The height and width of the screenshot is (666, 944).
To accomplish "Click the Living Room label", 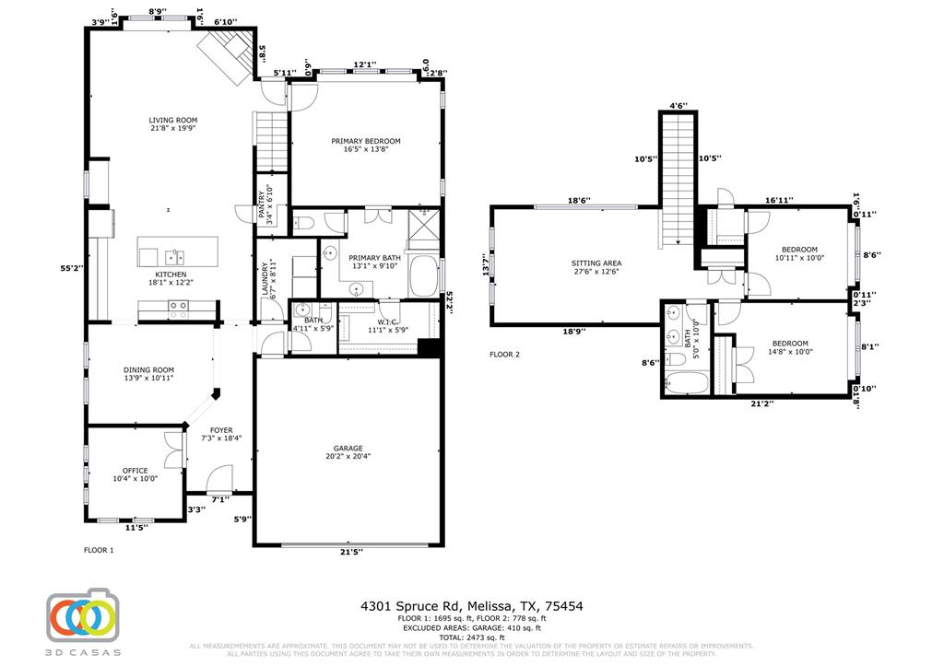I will click(x=173, y=120).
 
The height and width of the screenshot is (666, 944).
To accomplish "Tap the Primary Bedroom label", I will click(x=366, y=141).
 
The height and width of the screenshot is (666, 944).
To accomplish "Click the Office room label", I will click(x=135, y=471).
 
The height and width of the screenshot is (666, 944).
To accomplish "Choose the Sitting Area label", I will click(x=596, y=263).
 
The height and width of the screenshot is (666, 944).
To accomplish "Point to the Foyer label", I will click(x=221, y=430).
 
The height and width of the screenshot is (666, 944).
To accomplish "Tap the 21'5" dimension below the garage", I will click(x=351, y=552).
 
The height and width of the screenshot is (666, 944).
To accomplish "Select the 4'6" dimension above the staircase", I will click(x=678, y=106).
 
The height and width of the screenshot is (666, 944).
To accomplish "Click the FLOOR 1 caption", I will click(x=99, y=550).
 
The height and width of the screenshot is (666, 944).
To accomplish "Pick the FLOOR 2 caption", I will click(x=504, y=354).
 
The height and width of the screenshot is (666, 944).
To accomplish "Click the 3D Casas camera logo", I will click(x=84, y=615).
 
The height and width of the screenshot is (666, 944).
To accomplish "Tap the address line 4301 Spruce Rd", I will click(x=471, y=606).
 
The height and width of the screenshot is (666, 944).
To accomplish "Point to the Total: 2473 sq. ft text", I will click(x=471, y=637).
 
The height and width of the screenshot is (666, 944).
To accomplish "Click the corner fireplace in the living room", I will click(x=227, y=54).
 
